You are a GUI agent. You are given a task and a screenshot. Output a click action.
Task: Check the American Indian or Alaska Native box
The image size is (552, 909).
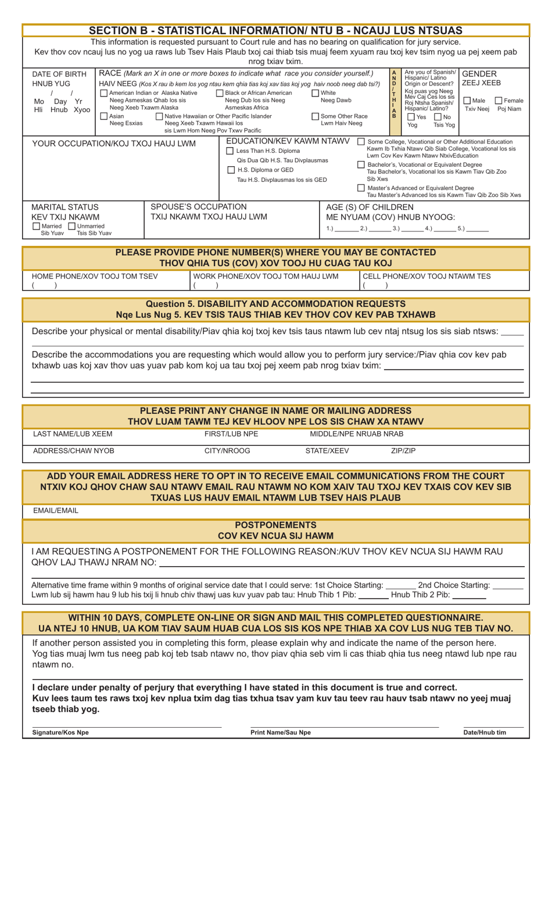coord(104,93)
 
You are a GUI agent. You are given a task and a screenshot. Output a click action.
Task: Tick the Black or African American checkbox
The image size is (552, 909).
coord(220,93)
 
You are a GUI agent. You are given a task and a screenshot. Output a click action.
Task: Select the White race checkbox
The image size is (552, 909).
coord(316,93)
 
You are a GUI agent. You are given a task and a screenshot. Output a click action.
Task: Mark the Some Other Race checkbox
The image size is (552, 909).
coord(316,116)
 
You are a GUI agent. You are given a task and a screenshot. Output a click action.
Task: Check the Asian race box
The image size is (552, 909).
coord(104,116)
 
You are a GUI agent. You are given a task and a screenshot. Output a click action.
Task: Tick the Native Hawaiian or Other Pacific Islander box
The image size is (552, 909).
coord(159,116)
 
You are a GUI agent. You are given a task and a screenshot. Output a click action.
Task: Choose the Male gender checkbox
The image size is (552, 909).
coord(467,101)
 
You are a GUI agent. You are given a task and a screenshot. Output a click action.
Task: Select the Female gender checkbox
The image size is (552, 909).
coord(498,101)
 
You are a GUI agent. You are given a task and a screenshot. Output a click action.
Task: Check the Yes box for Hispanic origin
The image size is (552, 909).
coord(411,117)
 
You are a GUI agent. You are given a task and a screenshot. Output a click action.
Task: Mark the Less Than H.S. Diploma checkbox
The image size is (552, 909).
coord(231,151)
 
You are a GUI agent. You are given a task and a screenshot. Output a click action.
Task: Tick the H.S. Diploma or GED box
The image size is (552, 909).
coord(231,170)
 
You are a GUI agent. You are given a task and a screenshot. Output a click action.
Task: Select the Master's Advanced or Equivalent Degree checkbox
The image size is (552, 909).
coord(361,188)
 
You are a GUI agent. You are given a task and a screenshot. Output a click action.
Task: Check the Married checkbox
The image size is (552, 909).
coord(37,226)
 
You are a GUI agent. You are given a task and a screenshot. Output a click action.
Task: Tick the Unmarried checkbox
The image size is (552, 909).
coord(72,226)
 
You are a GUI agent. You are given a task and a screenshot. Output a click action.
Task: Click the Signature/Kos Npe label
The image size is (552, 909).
coord(60,732)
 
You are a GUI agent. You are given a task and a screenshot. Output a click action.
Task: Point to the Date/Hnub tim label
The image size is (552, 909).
coord(484,732)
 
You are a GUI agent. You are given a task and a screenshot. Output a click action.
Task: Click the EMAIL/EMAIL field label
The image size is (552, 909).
coord(55,510)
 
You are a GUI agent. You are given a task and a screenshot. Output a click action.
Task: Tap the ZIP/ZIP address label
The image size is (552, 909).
coord(403,450)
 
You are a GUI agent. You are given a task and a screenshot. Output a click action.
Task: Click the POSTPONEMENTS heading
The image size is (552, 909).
coord(275,525)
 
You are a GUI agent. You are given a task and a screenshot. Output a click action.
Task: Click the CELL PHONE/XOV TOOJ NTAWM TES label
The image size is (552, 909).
coord(426,276)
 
